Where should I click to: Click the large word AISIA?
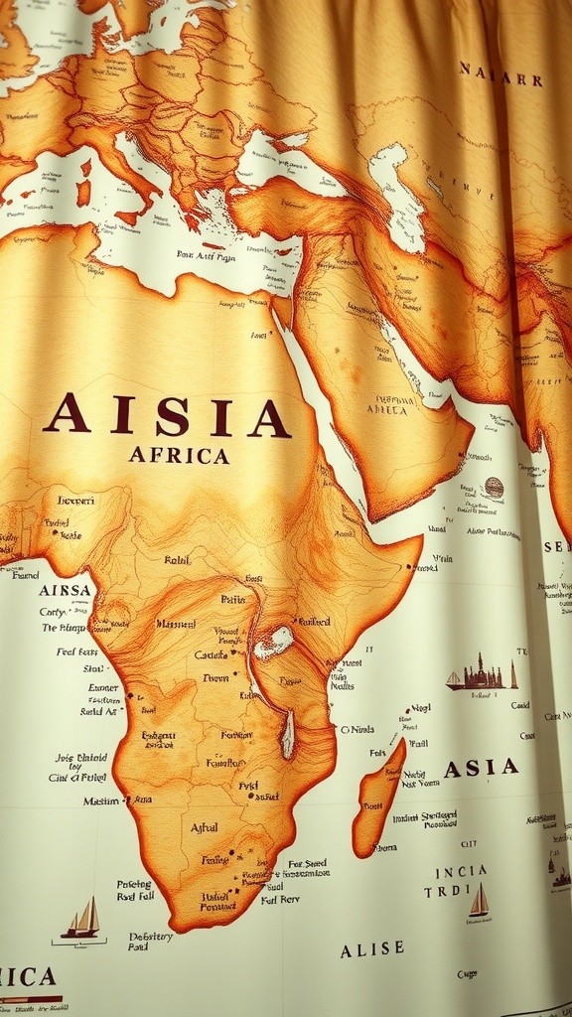pos(167,415)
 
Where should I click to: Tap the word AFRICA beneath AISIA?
pos(179,456)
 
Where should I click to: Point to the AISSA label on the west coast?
pos(66,590)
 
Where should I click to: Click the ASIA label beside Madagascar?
pos(481,768)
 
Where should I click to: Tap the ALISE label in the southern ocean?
pos(372,950)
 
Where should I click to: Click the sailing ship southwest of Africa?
pos(81,919)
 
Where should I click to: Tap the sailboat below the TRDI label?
pos(480,903)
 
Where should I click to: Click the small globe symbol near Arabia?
pos(494,488)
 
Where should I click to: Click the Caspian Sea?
pos(397,189)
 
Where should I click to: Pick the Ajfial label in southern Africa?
pos(204,827)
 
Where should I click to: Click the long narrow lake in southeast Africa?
pos(287,734)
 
